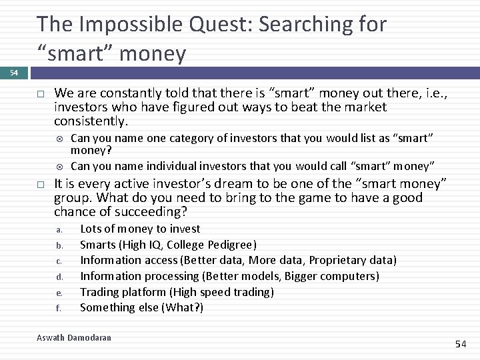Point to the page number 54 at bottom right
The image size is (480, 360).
coord(461,344)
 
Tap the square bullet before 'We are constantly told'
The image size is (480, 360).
coord(40,93)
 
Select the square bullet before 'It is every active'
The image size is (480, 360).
coord(40,184)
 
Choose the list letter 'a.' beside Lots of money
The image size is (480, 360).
coord(59,230)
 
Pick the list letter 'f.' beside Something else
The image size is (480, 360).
coord(59,309)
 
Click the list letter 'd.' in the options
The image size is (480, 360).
coord(59,277)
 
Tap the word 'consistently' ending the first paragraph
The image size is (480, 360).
coord(90,121)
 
